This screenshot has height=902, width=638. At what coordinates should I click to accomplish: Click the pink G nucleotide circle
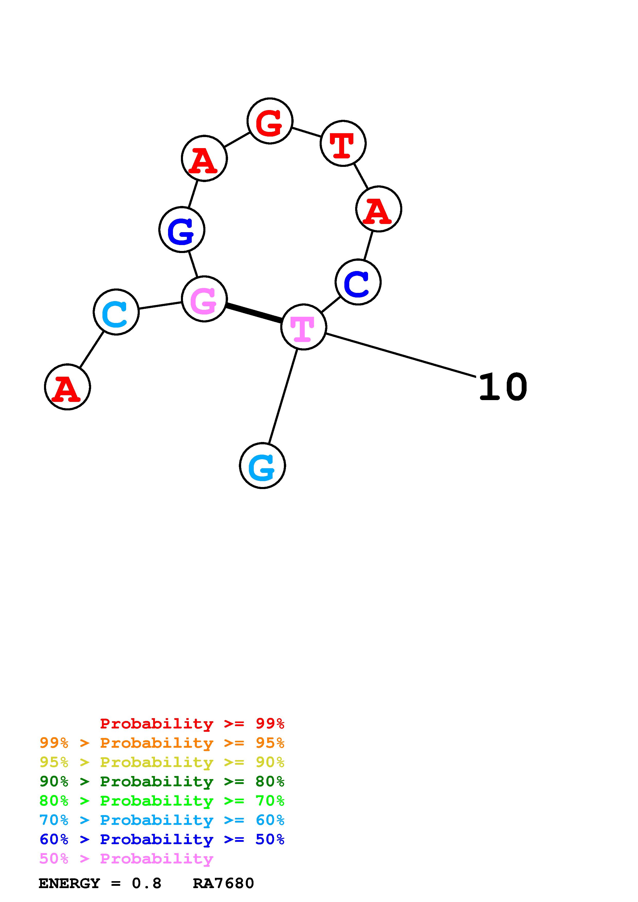pos(204,299)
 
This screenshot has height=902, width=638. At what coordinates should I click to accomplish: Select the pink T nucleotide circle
pos(303,327)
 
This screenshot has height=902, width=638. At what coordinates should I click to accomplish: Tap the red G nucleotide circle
pos(270,121)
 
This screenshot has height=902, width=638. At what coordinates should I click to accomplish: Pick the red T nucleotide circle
pos(343,143)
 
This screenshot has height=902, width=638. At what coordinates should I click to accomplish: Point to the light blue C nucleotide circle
pos(116,312)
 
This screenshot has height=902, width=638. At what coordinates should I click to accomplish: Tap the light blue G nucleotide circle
pos(262,466)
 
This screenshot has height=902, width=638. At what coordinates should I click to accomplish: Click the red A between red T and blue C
pos(378,209)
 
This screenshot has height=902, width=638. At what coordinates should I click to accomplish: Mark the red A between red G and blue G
pos(204,158)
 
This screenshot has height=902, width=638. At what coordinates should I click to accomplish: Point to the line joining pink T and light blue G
pos(283,396)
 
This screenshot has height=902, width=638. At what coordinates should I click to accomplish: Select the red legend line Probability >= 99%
pos(192,723)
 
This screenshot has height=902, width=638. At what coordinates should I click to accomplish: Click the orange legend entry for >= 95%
pos(162,743)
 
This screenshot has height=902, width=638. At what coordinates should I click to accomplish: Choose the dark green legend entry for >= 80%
pos(162,781)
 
